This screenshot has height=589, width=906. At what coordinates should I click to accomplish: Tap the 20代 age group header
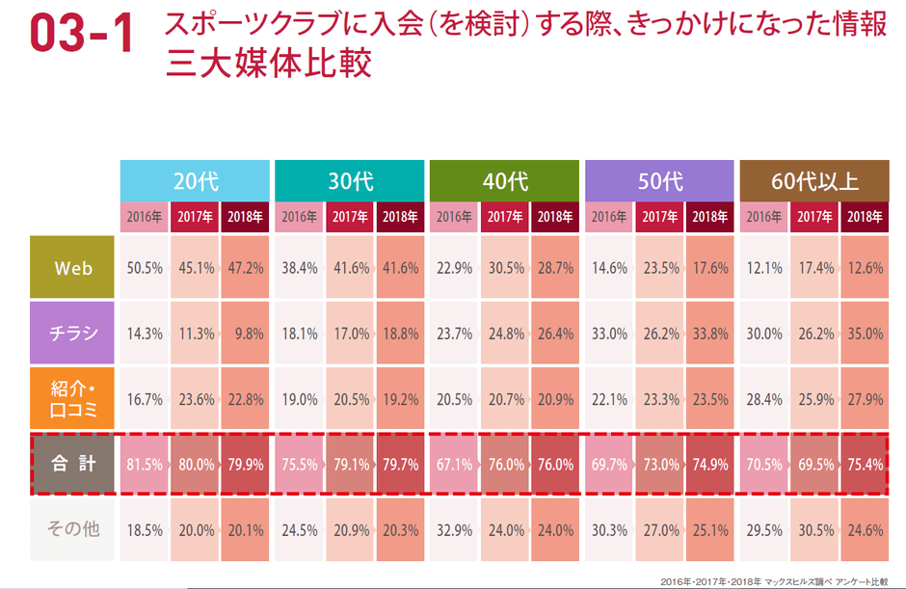[x=194, y=180]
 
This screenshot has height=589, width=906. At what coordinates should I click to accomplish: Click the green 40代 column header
[x=504, y=180]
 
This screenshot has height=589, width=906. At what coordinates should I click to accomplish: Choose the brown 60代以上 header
[x=814, y=180]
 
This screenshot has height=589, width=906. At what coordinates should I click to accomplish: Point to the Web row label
[x=72, y=268]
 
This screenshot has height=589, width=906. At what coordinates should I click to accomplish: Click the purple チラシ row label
[x=72, y=333]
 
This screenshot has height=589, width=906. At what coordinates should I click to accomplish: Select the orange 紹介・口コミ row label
[x=72, y=398]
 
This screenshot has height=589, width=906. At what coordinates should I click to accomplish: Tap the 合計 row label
[x=72, y=465]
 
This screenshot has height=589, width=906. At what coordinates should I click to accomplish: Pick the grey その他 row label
[x=72, y=529]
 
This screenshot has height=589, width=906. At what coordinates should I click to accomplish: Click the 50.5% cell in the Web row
[x=145, y=268]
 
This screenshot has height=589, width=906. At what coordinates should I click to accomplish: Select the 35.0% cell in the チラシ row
[x=865, y=333]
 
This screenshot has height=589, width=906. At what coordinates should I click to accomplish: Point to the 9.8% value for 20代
[x=245, y=333]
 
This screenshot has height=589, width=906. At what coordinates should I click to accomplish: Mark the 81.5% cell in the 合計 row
[x=145, y=465]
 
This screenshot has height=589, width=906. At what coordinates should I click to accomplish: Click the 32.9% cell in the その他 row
[x=454, y=529]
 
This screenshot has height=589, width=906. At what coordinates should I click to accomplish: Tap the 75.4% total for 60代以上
[x=865, y=465]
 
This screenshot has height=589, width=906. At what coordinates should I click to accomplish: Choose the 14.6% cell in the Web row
[x=609, y=268]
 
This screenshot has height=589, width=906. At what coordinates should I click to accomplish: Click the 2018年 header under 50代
[x=709, y=216]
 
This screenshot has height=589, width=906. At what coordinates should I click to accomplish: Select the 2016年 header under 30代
[x=299, y=216]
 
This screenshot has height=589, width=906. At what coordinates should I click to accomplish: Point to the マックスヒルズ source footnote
[x=775, y=581]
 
